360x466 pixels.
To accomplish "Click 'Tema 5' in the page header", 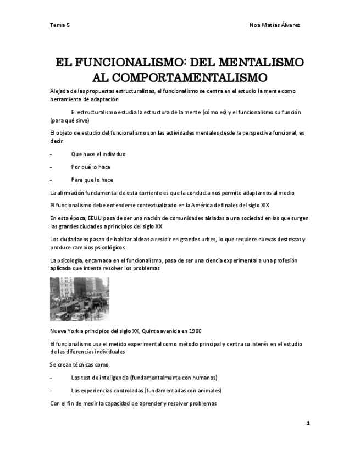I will point(59,25).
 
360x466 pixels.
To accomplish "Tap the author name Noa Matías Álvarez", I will point(275,25).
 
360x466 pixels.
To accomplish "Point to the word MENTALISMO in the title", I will point(258,62).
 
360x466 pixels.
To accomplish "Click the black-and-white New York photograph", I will point(79,298).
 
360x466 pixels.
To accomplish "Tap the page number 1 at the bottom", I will point(308,423).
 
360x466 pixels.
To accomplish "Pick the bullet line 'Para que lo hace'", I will point(92,180).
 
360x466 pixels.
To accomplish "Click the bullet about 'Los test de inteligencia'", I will point(144,378).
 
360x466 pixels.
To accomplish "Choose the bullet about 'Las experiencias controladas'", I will point(146,391).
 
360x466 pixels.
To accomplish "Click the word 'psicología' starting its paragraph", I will point(69,260).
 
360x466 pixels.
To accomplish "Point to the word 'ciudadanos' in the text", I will point(72,239).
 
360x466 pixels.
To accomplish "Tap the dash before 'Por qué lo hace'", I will point(51,167).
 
